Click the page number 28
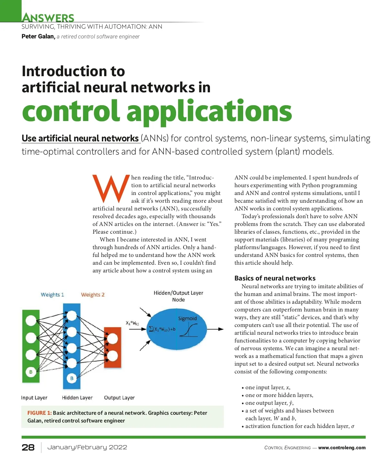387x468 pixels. point(28,447)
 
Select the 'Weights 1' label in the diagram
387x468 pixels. point(52,295)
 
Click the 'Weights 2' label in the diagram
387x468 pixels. point(93,295)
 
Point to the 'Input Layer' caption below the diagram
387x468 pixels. point(34,398)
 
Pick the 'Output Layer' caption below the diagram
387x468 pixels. point(119,398)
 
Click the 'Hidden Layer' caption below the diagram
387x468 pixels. point(77,398)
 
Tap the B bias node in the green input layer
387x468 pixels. point(31,372)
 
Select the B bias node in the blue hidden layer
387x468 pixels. point(72,378)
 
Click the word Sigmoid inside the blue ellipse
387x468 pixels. point(187,319)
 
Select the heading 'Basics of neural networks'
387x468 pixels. point(275,278)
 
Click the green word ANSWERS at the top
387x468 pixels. point(48,17)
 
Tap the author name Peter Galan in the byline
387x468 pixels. point(38,36)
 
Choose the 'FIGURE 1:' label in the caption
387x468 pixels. point(39,413)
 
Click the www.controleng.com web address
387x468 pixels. point(342,448)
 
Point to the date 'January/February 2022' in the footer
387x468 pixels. point(87,447)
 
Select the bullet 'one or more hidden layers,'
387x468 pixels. point(279,395)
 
